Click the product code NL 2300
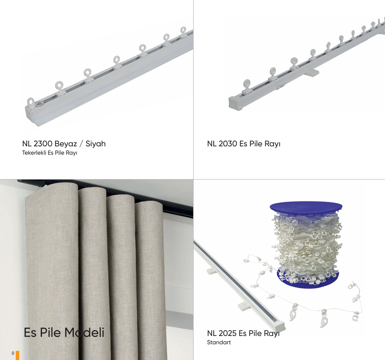[x=37, y=144]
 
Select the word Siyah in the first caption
[x=96, y=144]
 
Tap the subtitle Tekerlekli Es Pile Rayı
[x=49, y=152]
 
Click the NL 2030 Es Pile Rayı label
[x=243, y=144]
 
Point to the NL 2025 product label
[x=243, y=333]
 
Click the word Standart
[x=219, y=343]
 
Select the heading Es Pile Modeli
[x=64, y=332]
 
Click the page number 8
[x=13, y=353]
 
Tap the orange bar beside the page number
[x=17, y=355]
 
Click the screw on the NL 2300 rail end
[x=38, y=104]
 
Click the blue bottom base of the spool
[x=308, y=279]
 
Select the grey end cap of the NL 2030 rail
[x=235, y=103]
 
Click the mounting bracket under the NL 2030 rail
[x=312, y=73]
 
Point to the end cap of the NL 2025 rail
[x=278, y=325]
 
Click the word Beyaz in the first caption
[x=66, y=144]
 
